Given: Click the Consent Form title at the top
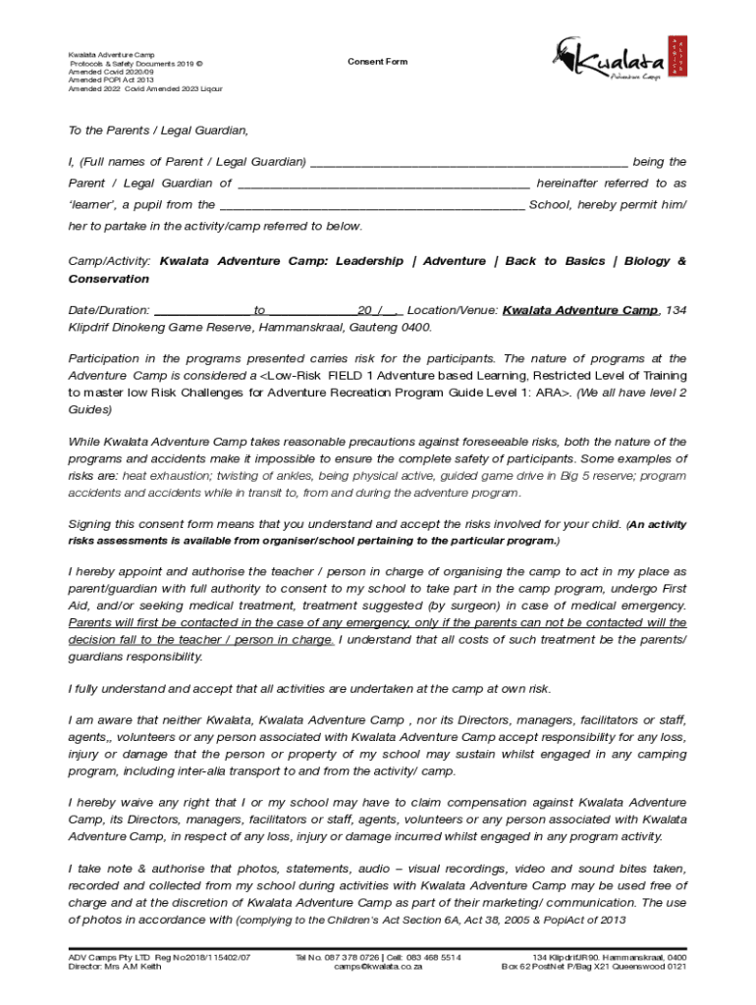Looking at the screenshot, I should [x=377, y=62].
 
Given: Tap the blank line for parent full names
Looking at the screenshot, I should [x=467, y=163].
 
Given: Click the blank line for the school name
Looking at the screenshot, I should [x=372, y=206].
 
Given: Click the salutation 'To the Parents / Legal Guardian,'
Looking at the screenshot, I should [x=158, y=131].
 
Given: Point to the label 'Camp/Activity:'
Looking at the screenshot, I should [x=109, y=262].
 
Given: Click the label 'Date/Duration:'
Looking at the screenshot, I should [x=108, y=310].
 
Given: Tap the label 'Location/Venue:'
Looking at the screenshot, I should [x=452, y=310].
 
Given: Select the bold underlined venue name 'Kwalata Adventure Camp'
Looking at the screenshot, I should [x=580, y=310].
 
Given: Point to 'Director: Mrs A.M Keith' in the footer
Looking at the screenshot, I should [x=116, y=967].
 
